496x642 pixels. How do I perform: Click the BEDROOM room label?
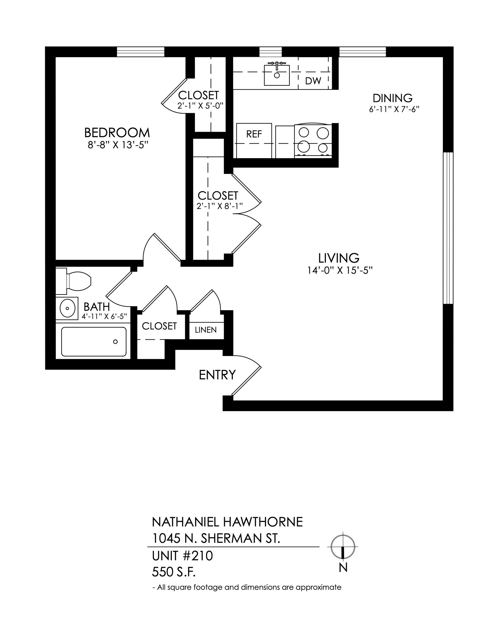pyautogui.click(x=117, y=133)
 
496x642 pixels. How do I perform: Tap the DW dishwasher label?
pyautogui.click(x=313, y=81)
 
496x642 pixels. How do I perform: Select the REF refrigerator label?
pyautogui.click(x=254, y=134)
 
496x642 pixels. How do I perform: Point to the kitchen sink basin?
pyautogui.click(x=277, y=75)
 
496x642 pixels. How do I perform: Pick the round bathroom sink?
pyautogui.click(x=67, y=308)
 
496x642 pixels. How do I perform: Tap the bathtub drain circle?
pyautogui.click(x=116, y=342)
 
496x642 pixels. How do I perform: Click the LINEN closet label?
pyautogui.click(x=206, y=330)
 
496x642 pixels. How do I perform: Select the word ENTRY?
pyautogui.click(x=217, y=375)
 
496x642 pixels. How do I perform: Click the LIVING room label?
pyautogui.click(x=339, y=258)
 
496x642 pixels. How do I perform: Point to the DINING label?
pyautogui.click(x=392, y=98)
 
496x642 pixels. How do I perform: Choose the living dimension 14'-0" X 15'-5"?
pyautogui.click(x=340, y=270)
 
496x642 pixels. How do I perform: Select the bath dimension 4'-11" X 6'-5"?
pyautogui.click(x=104, y=316)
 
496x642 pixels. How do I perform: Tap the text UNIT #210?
pyautogui.click(x=182, y=556)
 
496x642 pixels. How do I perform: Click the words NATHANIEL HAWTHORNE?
pyautogui.click(x=227, y=522)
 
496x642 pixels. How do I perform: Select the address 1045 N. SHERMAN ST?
pyautogui.click(x=216, y=539)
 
